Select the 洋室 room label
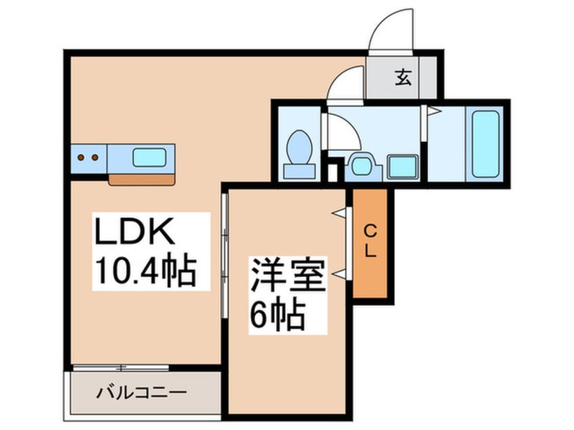coord(288,274)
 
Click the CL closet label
coord(370,240)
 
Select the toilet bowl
coord(299,146)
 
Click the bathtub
coord(485,143)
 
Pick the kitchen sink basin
coord(149,157)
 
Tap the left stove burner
coord(81,158)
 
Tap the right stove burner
coord(94,158)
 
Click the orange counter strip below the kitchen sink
coord(142,180)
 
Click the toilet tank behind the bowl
coord(299,170)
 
